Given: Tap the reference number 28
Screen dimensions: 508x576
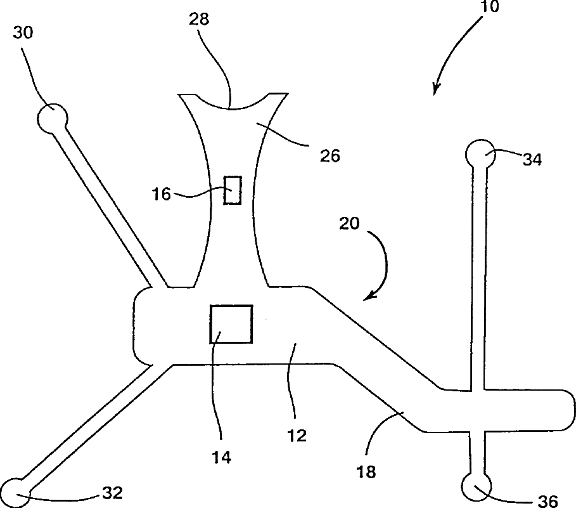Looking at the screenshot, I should [x=199, y=18].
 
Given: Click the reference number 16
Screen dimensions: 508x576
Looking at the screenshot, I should [x=162, y=193].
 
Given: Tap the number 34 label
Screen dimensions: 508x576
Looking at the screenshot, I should [x=532, y=160].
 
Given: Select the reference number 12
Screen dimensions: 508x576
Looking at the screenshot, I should [x=297, y=435].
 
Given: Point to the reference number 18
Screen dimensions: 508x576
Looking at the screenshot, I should [x=366, y=471].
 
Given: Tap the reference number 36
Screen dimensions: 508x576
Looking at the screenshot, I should [x=547, y=502].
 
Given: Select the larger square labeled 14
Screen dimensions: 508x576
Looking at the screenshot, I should [x=231, y=324].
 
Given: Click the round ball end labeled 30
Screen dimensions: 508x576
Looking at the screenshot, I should [x=52, y=118].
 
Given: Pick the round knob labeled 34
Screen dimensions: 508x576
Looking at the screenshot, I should [x=479, y=154].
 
